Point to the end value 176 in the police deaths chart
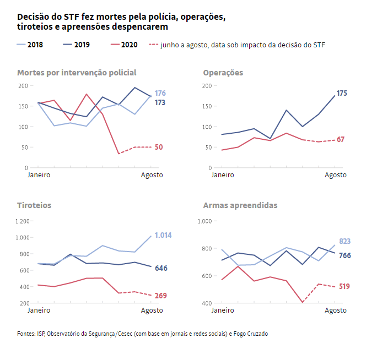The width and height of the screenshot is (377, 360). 160,93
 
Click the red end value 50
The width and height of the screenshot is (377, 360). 158,147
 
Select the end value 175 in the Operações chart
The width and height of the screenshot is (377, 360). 342,94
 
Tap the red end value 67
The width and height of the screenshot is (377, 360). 341,139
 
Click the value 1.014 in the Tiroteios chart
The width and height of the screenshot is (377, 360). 163,235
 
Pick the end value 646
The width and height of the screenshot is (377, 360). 160,268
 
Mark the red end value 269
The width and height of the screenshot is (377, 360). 160,296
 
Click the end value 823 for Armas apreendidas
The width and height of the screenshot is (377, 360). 344,241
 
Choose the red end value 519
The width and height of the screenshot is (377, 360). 344,286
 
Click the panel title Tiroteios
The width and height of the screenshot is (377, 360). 34,205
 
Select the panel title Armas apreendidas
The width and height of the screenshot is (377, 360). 240,205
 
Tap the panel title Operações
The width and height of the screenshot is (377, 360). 223,73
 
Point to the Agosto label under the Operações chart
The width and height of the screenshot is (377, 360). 335,175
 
